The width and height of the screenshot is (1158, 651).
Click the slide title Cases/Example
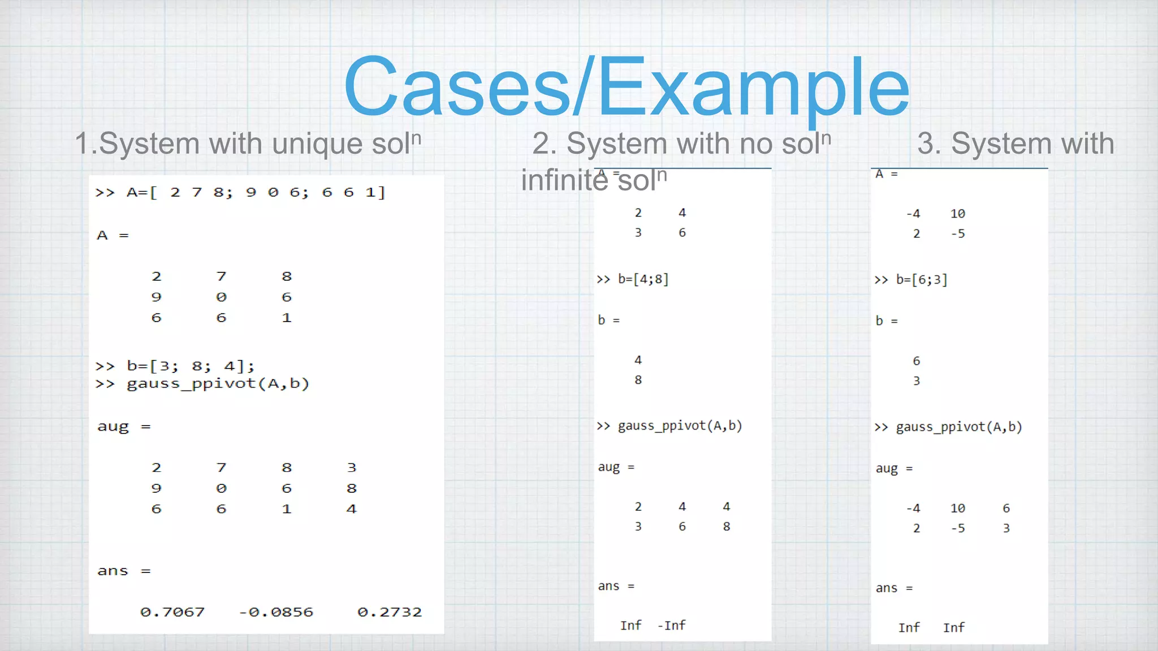[x=626, y=86]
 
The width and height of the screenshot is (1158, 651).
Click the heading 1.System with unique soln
[x=248, y=143]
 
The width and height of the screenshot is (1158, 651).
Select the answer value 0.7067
[x=172, y=612]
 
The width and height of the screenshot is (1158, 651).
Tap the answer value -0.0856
[x=276, y=612]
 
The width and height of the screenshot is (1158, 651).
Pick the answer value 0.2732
[x=390, y=612]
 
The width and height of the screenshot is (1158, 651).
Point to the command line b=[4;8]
[x=633, y=279]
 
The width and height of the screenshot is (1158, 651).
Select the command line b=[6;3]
[x=911, y=280]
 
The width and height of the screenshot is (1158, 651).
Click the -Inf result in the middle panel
[x=672, y=626]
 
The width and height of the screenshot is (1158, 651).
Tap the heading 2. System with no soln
[x=681, y=143]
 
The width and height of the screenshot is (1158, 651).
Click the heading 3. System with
[x=1016, y=143]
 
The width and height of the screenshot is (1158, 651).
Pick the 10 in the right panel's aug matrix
[x=958, y=508]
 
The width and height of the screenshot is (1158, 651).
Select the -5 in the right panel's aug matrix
[x=958, y=528]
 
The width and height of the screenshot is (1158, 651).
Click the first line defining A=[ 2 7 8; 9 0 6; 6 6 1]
[x=240, y=193]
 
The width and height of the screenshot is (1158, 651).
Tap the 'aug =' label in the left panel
[x=123, y=427]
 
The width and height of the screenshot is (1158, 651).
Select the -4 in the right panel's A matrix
[x=913, y=214]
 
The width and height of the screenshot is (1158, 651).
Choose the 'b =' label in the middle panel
[x=608, y=320]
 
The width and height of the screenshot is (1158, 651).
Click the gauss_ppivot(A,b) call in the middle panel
[x=670, y=426]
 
